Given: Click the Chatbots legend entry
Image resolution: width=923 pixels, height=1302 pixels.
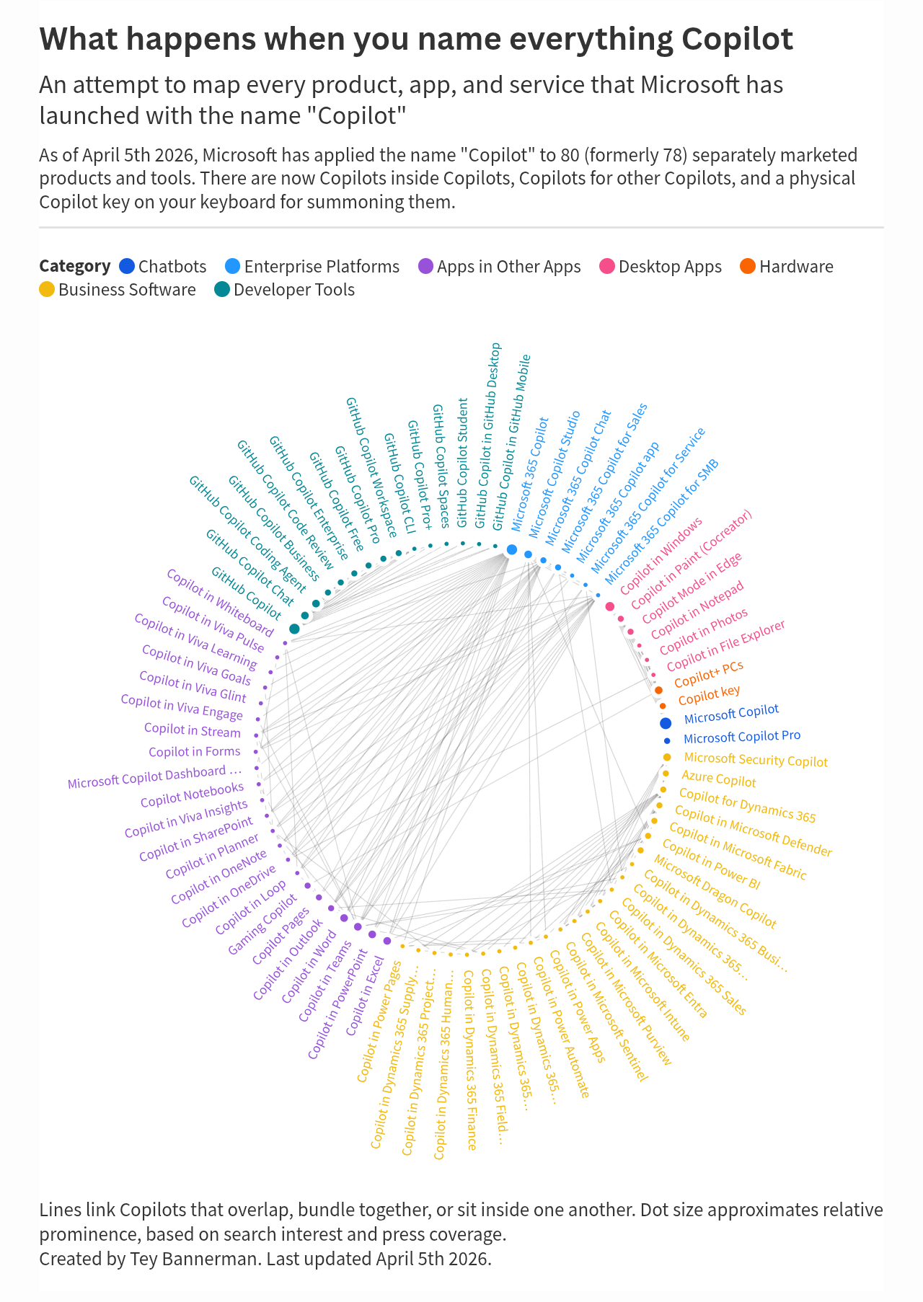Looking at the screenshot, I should click(x=162, y=267).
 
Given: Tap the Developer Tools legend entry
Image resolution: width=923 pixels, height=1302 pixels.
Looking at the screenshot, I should click(x=285, y=290).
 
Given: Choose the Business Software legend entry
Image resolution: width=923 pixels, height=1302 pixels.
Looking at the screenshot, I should click(x=118, y=290).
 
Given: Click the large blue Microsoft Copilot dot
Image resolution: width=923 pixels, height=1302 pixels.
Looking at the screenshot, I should click(x=666, y=723).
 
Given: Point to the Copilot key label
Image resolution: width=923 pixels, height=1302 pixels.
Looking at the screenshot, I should click(x=709, y=696).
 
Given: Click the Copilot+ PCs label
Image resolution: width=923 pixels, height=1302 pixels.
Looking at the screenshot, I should click(x=708, y=675).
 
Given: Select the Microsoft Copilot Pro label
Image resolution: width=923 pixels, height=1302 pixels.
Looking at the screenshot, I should click(x=742, y=737).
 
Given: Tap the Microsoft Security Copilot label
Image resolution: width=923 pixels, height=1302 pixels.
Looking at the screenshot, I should click(x=756, y=760).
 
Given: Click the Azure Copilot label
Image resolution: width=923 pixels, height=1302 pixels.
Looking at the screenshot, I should click(x=719, y=779).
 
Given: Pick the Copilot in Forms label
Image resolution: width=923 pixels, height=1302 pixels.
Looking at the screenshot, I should click(x=195, y=752).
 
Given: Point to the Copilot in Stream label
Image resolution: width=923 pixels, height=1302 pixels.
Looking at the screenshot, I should click(x=193, y=730).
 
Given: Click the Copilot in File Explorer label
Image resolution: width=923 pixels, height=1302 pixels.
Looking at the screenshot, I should click(x=725, y=646).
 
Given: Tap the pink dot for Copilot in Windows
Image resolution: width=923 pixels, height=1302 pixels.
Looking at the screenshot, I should click(x=610, y=606).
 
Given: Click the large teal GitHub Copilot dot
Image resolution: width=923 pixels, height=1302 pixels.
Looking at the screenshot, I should click(x=294, y=629).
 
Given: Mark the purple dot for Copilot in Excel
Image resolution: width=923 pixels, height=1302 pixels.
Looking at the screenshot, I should click(x=387, y=941).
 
